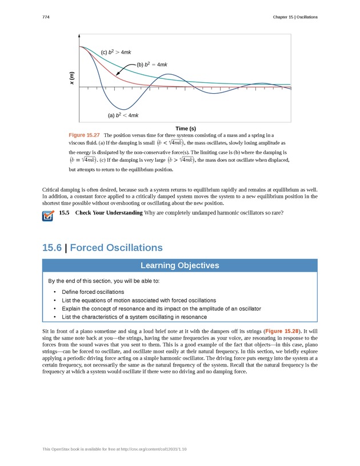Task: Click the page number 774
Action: pyautogui.click(x=46, y=17)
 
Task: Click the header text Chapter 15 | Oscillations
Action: pyautogui.click(x=295, y=17)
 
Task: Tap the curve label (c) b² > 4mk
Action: pyautogui.click(x=116, y=53)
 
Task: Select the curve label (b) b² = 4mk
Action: pyautogui.click(x=152, y=65)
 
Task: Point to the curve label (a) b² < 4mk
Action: pyautogui.click(x=123, y=115)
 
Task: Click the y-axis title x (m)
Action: pyautogui.click(x=72, y=78)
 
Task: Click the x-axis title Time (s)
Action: pyautogui.click(x=185, y=128)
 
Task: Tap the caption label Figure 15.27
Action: pyautogui.click(x=84, y=134)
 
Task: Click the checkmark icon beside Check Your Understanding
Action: pyautogui.click(x=48, y=215)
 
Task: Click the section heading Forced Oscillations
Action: pyautogui.click(x=116, y=248)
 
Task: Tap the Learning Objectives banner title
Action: pyautogui.click(x=179, y=265)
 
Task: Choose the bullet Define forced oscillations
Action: pyautogui.click(x=93, y=292)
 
